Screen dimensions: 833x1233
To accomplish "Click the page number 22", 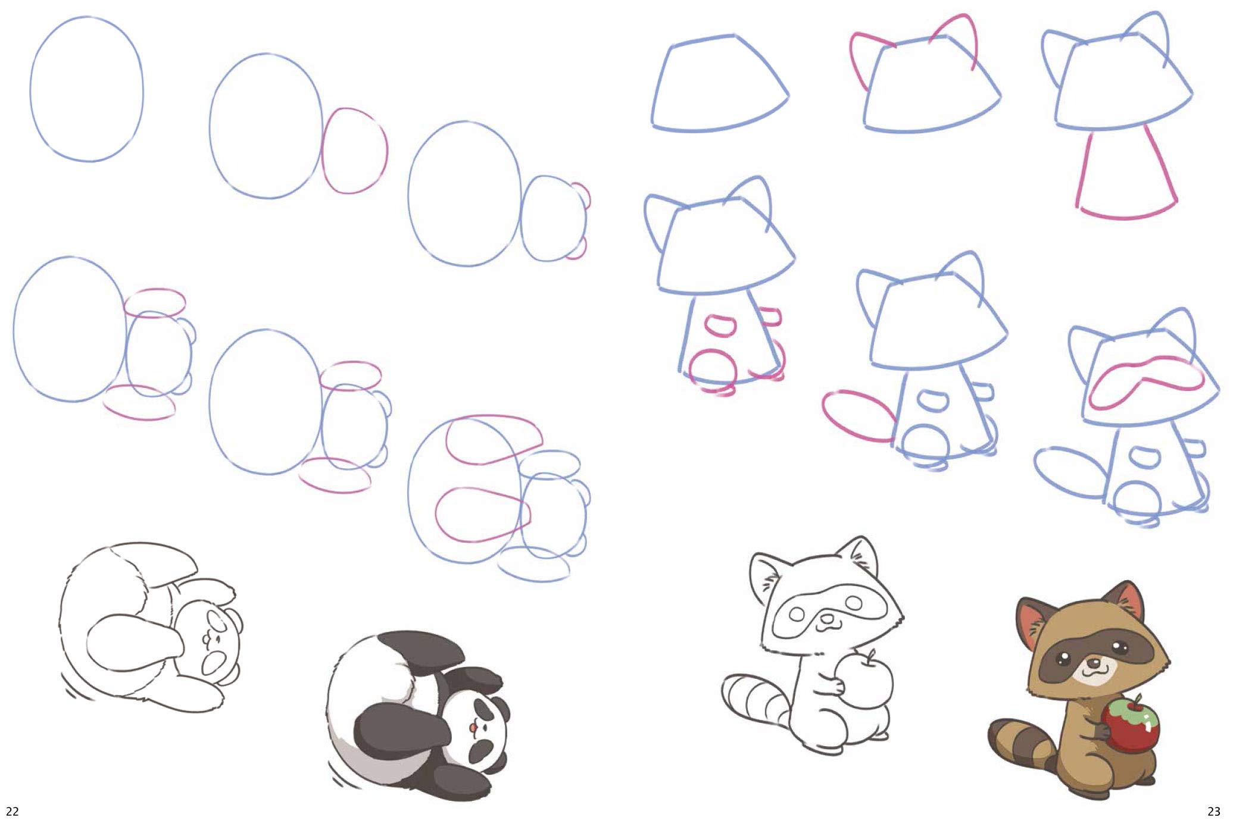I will [x=13, y=811].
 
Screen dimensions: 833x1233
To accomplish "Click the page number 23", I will [x=1213, y=811].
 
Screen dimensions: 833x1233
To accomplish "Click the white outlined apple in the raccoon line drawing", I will [x=866, y=682].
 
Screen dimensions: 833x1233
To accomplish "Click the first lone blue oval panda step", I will [x=87, y=89].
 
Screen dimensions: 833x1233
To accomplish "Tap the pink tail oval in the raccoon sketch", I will [x=857, y=415].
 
